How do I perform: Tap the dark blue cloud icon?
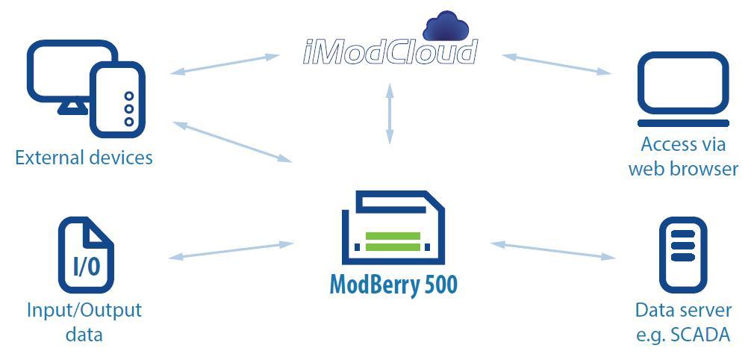[445, 27]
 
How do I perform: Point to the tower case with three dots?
[117, 99]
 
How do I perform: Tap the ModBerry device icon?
[393, 229]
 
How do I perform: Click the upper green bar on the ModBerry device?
[393, 237]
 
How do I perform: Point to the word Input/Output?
[84, 309]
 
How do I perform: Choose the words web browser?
[683, 169]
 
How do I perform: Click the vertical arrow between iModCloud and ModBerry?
[389, 114]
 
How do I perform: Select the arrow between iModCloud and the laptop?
[556, 63]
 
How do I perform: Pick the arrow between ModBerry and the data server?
[553, 250]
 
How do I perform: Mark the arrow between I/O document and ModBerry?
[231, 250]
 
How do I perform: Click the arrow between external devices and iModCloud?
[225, 64]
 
